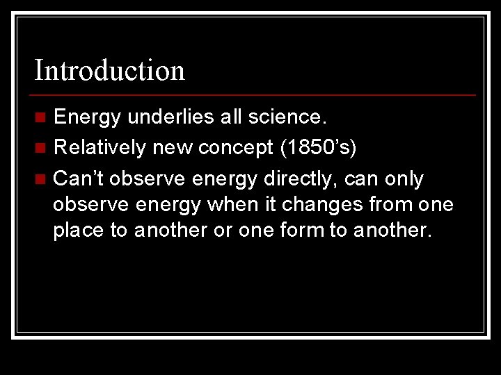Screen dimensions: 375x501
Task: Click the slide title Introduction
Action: [x=110, y=70]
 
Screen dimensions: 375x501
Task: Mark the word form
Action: [x=299, y=230]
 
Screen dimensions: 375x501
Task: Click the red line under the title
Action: [x=255, y=94]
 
